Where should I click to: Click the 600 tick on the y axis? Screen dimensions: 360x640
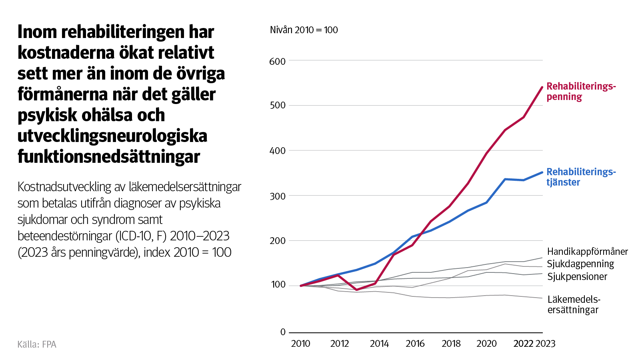coord(278,61)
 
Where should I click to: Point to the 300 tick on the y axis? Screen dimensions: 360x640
coord(278,196)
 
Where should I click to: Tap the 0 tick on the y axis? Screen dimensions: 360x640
coord(283,332)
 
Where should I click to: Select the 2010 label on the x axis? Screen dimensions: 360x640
coord(300,344)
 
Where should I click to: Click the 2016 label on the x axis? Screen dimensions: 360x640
coord(415,344)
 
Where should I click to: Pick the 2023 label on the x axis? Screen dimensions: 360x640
coord(546,344)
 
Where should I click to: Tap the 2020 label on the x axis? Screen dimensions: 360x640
coord(486,344)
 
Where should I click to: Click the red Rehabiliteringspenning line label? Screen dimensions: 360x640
coord(581,92)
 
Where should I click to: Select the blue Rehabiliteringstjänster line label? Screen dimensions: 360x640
coord(581,177)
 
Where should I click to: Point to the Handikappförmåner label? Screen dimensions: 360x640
coord(587,252)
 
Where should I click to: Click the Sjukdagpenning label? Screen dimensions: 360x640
coord(580,264)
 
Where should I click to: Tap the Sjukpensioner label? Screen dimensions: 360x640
coord(577,277)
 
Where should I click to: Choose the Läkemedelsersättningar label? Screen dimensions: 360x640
coord(574,304)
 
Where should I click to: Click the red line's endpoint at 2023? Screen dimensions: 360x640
coord(542,87)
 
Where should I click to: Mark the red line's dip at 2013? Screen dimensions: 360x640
coord(356,290)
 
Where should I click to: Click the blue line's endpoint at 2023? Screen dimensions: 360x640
coord(542,172)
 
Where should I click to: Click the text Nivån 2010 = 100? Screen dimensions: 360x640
coord(304,30)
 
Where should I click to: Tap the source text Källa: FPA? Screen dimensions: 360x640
coord(37,344)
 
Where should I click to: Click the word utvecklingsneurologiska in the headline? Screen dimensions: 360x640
coord(112,136)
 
